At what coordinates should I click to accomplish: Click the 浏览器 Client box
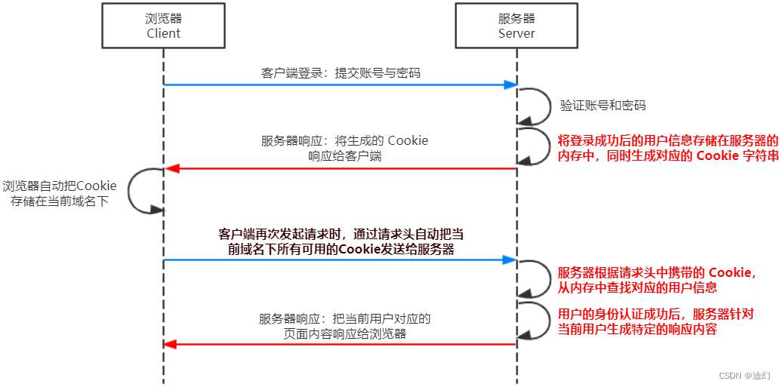163,26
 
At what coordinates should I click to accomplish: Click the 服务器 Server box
517,26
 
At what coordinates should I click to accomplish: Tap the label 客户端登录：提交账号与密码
341,73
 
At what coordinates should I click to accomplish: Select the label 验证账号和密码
603,106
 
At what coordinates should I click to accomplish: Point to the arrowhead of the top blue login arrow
511,84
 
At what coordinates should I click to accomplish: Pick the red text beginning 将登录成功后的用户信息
668,141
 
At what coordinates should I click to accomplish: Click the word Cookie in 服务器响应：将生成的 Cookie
408,140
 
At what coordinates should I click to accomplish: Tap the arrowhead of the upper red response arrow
171,168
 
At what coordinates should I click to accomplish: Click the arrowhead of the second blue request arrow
511,260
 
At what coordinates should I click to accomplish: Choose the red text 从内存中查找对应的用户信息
636,287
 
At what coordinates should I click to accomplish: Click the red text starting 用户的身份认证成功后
656,314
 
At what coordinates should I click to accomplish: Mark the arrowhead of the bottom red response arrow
171,344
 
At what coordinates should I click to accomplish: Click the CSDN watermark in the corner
744,375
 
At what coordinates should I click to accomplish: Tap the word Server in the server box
517,33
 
